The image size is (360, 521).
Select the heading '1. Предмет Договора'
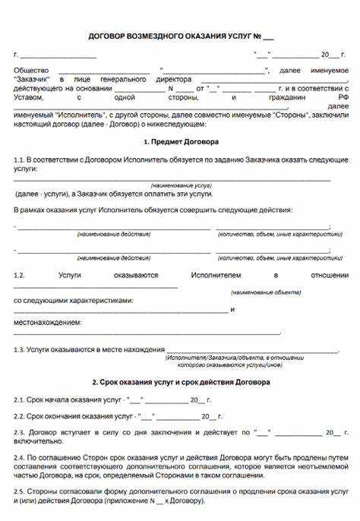click(x=180, y=142)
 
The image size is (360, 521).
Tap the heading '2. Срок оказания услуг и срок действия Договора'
click(x=180, y=382)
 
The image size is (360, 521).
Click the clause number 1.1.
click(x=19, y=161)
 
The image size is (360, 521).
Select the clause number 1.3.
click(x=19, y=349)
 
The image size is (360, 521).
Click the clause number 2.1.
click(x=19, y=399)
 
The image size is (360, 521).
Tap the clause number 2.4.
click(x=19, y=459)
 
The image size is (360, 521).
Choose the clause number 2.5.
click(x=19, y=492)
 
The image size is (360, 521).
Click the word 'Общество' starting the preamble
click(x=29, y=70)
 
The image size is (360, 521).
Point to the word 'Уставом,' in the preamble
click(x=29, y=98)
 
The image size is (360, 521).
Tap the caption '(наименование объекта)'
click(x=261, y=292)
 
